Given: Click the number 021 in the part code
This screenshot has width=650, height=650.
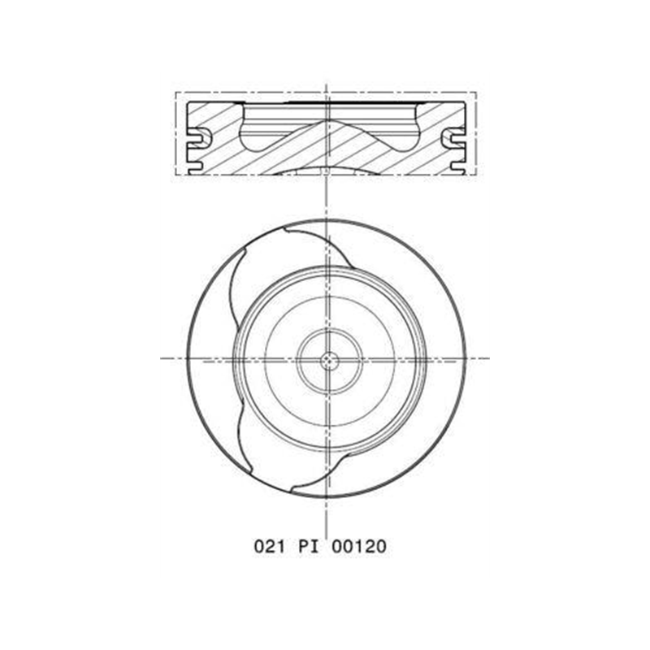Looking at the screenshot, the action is tap(270, 546).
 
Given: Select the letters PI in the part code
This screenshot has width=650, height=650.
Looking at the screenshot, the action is tap(309, 546).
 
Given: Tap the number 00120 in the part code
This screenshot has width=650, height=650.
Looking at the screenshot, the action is tap(359, 546).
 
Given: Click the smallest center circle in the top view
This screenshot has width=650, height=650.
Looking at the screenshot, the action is tap(330, 361).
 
